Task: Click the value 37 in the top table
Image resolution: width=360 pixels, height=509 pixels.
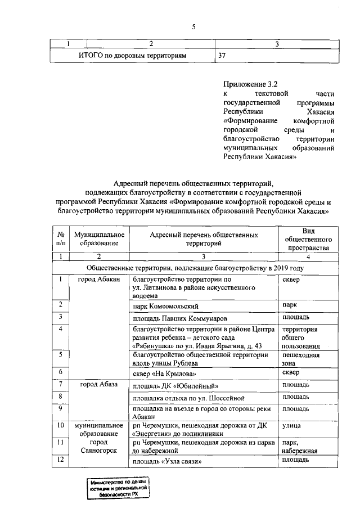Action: click(x=223, y=55)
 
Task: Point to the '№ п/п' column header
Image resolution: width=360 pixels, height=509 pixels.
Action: click(x=60, y=238)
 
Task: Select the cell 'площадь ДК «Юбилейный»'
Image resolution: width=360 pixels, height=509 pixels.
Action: click(x=174, y=386)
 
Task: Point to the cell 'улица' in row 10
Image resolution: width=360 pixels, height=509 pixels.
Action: click(x=291, y=426)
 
